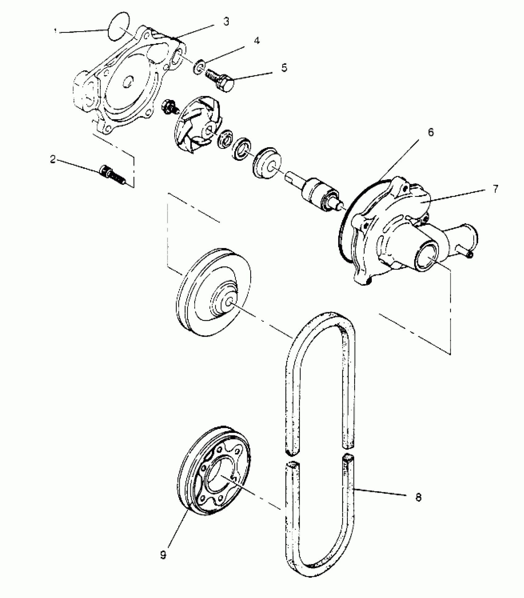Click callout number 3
tap(226, 22)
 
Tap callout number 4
tap(256, 41)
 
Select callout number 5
tap(284, 68)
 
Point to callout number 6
tap(431, 132)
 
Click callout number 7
tap(495, 189)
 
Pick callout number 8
tap(418, 497)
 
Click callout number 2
tap(53, 159)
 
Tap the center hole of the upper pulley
tap(229, 303)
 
